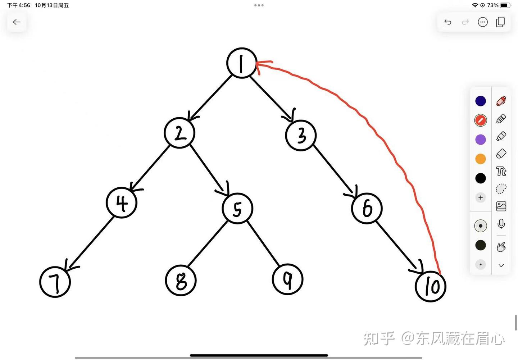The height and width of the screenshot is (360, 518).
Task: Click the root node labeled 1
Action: tap(242, 63)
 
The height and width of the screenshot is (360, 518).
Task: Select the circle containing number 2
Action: tap(180, 133)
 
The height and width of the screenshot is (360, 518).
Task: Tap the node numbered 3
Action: tap(301, 135)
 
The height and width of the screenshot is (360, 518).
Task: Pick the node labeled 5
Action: tap(237, 209)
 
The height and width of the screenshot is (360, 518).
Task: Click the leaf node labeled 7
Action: tap(55, 282)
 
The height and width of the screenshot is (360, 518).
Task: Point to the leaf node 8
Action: tap(181, 281)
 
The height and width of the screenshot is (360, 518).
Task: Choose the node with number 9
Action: tap(288, 279)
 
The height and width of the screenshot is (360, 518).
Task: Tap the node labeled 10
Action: tap(431, 286)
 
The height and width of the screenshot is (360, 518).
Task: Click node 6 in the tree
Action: tap(367, 208)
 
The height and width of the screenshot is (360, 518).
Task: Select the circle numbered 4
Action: tap(122, 203)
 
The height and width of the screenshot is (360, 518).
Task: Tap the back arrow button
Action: tap(17, 22)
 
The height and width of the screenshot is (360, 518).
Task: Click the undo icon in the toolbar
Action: tap(448, 22)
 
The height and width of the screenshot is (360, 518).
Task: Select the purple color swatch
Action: tap(481, 140)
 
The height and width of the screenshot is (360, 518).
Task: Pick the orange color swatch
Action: tap(481, 159)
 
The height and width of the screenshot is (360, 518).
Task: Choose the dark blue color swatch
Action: tap(481, 101)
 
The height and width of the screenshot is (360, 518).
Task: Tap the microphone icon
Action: tap(501, 224)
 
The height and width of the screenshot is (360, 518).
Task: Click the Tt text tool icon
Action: tap(501, 171)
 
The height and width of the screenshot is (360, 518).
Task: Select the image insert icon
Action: tap(501, 206)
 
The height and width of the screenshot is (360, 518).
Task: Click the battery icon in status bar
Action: tap(505, 5)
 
